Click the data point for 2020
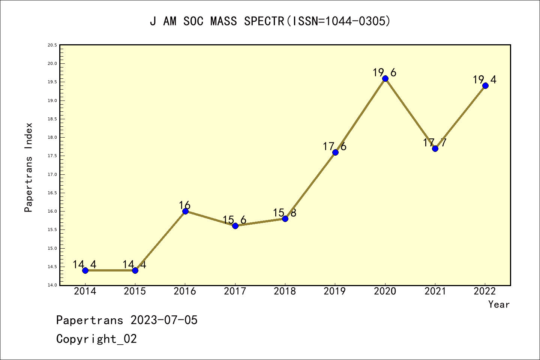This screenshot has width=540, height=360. coord(385,78)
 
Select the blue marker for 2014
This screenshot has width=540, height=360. coord(85,270)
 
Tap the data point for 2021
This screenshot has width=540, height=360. coord(435,148)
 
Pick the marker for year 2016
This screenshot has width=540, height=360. coord(185,211)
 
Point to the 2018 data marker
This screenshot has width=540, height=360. coord(285,219)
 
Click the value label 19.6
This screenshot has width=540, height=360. coord(384,72)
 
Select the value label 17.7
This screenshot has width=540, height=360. coord(435,142)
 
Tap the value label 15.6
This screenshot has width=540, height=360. coord(234,220)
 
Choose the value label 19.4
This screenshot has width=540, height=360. coord(484,79)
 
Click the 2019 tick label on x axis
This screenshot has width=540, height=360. coord(335,291)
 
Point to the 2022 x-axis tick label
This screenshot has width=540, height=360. coord(485,291)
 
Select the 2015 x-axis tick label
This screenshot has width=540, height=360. coord(135,291)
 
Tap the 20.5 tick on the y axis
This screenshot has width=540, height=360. coord(52,45)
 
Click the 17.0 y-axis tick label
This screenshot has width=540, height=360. coord(52,174)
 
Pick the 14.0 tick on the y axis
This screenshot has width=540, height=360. coord(52,285)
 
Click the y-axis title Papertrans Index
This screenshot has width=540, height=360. coord(29,167)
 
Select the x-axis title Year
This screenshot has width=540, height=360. coord(499,304)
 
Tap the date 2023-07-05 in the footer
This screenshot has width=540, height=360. coord(164,320)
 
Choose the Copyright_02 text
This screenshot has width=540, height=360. coord(96,339)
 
